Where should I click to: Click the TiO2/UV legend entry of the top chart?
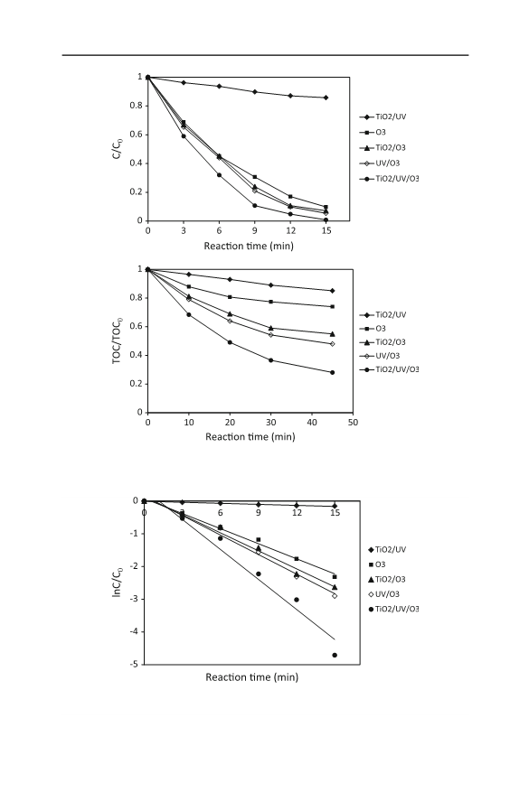tap(383, 117)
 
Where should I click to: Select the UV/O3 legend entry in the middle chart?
tap(380, 356)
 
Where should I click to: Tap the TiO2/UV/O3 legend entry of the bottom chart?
tap(393, 609)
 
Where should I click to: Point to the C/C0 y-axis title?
tap(118, 149)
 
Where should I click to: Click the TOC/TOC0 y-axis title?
tap(118, 340)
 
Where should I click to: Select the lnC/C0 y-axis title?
tap(118, 582)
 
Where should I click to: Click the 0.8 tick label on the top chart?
tap(136, 106)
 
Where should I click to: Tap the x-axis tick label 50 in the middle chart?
tap(353, 423)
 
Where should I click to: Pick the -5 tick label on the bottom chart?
tap(134, 664)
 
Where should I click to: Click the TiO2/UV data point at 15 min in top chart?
tap(326, 98)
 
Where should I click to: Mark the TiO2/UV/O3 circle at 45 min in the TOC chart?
tap(333, 372)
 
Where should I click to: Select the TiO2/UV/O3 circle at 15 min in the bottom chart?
tap(335, 655)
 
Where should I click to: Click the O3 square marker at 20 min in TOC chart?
tap(230, 296)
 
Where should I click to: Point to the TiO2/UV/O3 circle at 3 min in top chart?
tap(184, 136)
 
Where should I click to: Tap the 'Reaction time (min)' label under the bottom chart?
tap(252, 677)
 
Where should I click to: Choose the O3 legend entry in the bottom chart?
tap(377, 564)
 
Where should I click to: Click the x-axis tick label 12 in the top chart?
tap(291, 230)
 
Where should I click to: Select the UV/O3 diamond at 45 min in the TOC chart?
tap(333, 344)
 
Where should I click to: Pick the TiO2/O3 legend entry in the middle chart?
tap(383, 342)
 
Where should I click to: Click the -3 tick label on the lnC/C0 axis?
tap(134, 599)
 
